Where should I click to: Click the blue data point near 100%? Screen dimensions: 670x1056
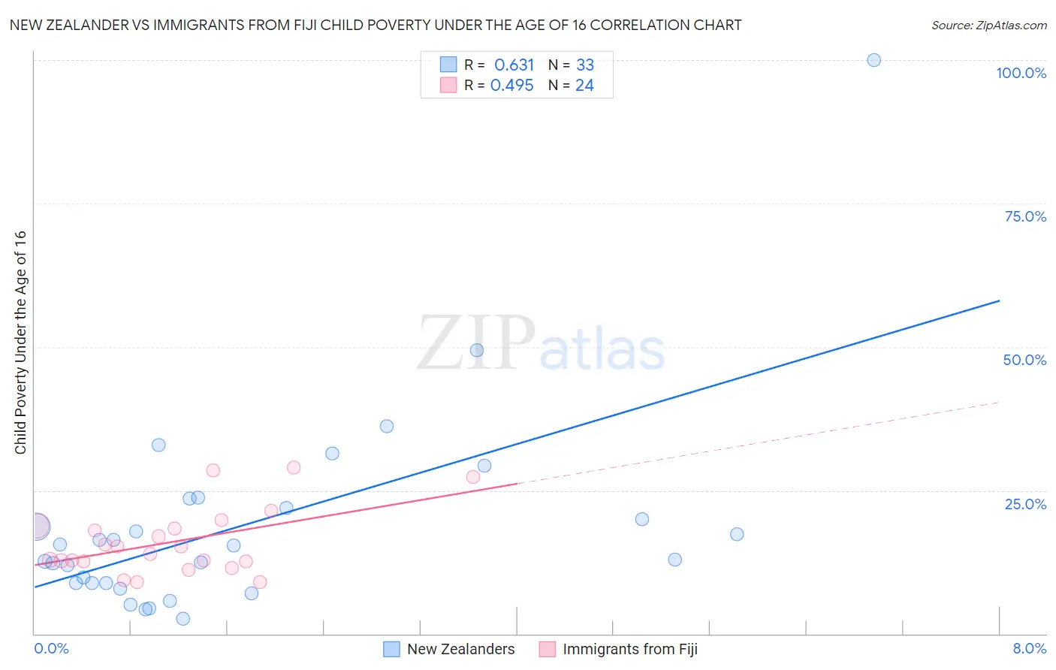coord(873,60)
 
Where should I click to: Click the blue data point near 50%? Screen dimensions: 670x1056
coord(476,350)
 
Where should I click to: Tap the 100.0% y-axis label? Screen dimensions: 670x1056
coord(1021,73)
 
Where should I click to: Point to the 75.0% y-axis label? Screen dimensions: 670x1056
coord(1025,216)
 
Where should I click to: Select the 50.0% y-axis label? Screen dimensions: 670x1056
coord(1024,360)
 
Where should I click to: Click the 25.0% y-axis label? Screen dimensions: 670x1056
coord(1025,503)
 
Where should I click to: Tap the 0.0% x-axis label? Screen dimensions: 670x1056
coord(51,648)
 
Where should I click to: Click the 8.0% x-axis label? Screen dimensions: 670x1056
coord(1029,648)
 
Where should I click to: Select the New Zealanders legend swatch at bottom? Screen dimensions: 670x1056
coord(391,649)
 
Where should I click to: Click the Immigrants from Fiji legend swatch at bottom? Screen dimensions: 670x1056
coord(548,649)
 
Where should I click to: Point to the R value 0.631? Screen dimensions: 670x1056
coord(514,65)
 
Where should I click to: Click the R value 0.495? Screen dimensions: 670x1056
coord(511,86)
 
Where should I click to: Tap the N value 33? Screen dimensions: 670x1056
coord(585,65)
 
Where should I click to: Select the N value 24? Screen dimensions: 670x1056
coord(584,86)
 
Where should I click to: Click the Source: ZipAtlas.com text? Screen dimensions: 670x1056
coord(988,26)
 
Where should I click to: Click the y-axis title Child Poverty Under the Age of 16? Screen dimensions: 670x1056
coord(20,343)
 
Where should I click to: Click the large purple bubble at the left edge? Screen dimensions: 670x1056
coord(36,527)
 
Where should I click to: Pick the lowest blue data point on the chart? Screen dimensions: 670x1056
coord(183,619)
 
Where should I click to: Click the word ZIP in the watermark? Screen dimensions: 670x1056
coord(476,343)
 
